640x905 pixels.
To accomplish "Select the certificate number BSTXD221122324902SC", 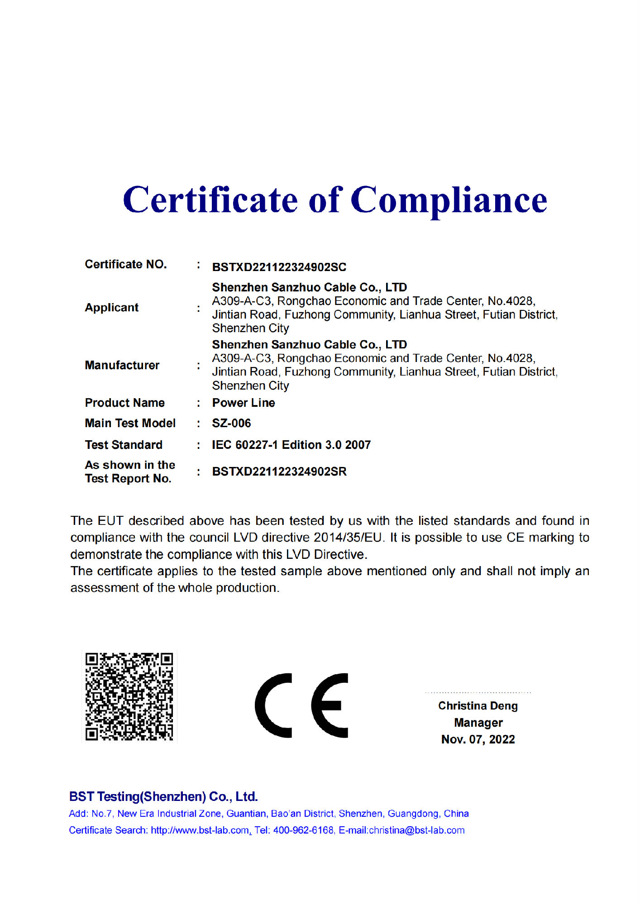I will [x=279, y=267].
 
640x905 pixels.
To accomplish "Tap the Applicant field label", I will [x=111, y=308].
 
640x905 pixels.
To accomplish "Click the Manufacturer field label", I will [x=122, y=365].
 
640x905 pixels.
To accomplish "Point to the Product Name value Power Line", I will [x=244, y=403].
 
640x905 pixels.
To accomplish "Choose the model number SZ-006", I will [x=231, y=423].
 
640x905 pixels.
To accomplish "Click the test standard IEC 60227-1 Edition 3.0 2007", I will [x=291, y=445].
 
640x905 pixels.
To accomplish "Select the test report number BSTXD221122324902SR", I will [x=279, y=472].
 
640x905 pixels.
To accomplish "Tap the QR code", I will [x=129, y=696].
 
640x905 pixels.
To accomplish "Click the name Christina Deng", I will [x=478, y=706].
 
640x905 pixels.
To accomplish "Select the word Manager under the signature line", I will [x=478, y=723].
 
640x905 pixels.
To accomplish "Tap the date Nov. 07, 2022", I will [x=478, y=739].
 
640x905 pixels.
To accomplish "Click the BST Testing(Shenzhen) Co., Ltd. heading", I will [x=163, y=796].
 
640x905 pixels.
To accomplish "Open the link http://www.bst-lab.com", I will [x=200, y=830].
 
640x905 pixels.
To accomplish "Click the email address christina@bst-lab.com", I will [x=416, y=830].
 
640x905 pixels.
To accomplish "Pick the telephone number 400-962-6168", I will [x=303, y=830].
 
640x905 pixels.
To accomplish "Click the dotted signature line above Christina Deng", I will [x=478, y=692].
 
